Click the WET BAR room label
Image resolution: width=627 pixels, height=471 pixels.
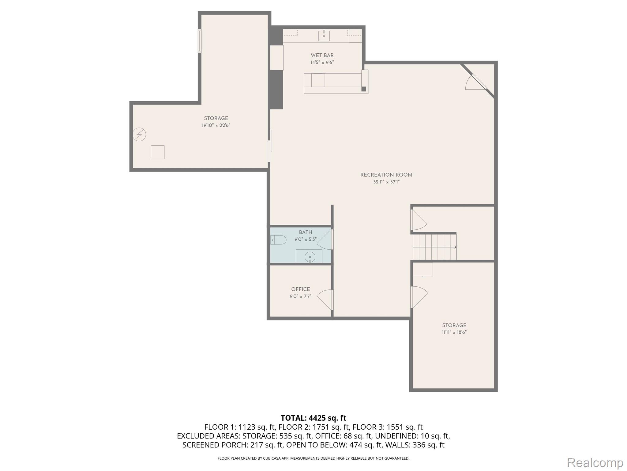click(322, 56)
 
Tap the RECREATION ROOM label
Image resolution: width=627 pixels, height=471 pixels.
click(386, 175)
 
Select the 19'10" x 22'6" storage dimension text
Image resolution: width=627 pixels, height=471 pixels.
click(216, 125)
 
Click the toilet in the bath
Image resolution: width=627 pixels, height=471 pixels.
click(278, 240)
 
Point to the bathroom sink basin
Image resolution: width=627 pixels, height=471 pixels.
click(310, 257)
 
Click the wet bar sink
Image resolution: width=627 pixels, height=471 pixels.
click(324, 36)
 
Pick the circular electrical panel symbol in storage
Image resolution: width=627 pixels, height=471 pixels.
click(139, 134)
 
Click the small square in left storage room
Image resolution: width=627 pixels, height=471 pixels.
click(157, 152)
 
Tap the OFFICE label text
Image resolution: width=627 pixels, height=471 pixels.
click(300, 289)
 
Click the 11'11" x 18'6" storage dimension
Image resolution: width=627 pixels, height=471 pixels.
click(454, 332)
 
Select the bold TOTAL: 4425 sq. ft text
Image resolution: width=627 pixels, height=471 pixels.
click(313, 418)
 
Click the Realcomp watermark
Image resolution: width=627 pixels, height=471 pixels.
click(595, 462)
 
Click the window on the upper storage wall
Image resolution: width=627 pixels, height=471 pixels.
click(200, 41)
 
